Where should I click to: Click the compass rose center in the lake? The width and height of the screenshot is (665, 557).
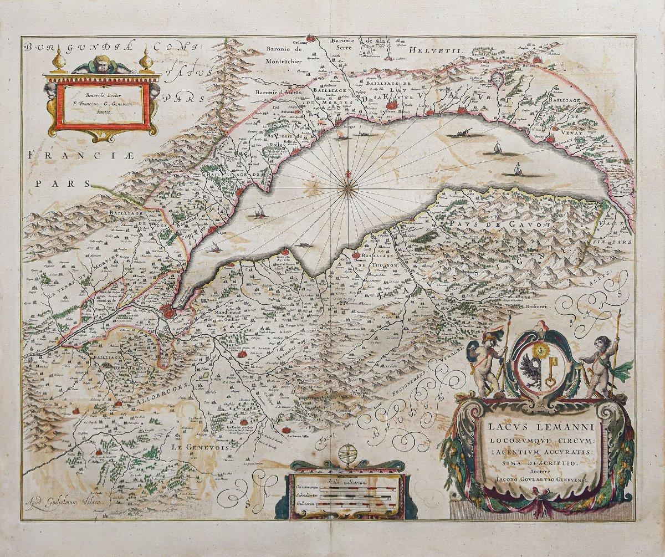(347, 190)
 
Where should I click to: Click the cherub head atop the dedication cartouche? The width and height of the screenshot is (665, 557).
(102, 63)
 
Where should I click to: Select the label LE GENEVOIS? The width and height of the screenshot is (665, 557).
(192, 447)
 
